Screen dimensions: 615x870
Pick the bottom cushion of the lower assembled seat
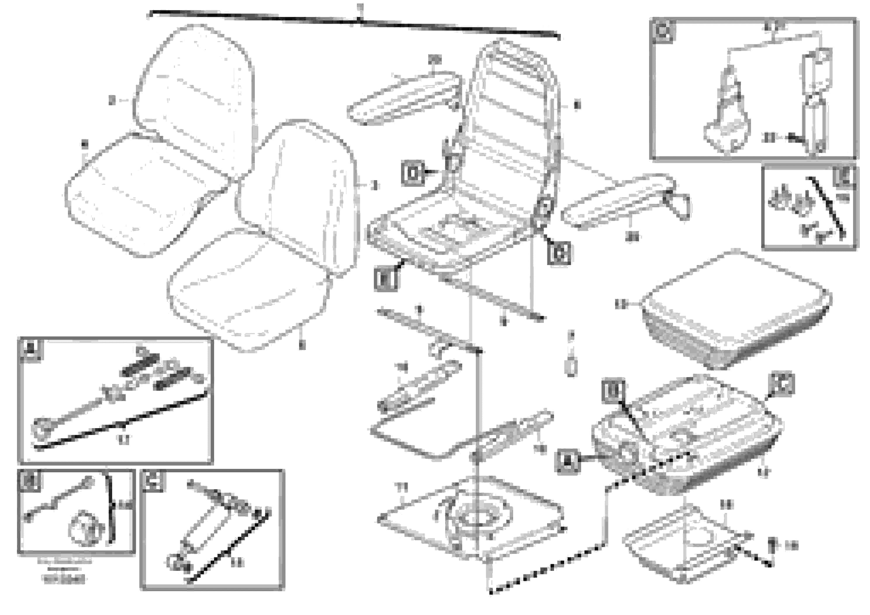click(246, 292)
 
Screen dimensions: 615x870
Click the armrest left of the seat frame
click(404, 99)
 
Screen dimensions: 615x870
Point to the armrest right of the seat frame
click(621, 201)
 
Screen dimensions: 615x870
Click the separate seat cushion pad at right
click(735, 311)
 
